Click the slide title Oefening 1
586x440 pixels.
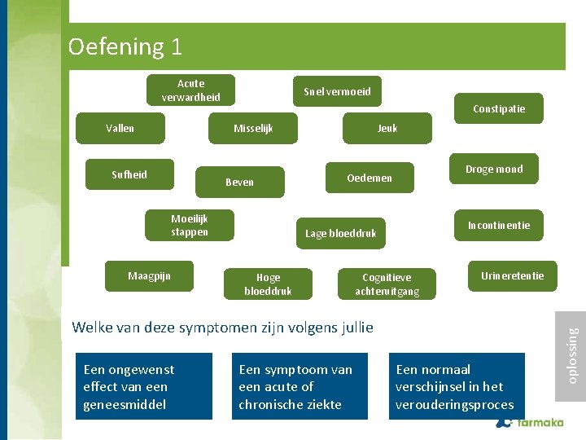[125, 46]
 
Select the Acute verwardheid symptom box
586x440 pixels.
[190, 90]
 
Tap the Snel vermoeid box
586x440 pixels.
[337, 92]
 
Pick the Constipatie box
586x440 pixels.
[499, 109]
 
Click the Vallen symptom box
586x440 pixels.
[120, 128]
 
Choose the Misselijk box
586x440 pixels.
[253, 128]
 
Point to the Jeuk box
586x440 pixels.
[387, 128]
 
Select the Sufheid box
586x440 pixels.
[129, 174]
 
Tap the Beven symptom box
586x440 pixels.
[239, 183]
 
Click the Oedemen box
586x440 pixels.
[369, 178]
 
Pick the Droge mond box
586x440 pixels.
[494, 169]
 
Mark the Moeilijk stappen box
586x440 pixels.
[190, 226]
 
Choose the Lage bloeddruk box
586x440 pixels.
[340, 234]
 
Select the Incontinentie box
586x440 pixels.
[498, 226]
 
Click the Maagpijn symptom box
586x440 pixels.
[149, 276]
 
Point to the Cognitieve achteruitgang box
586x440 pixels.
[387, 284]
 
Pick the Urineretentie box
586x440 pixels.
[512, 276]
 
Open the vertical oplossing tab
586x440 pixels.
[572, 355]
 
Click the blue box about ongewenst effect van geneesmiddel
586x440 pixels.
[144, 386]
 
